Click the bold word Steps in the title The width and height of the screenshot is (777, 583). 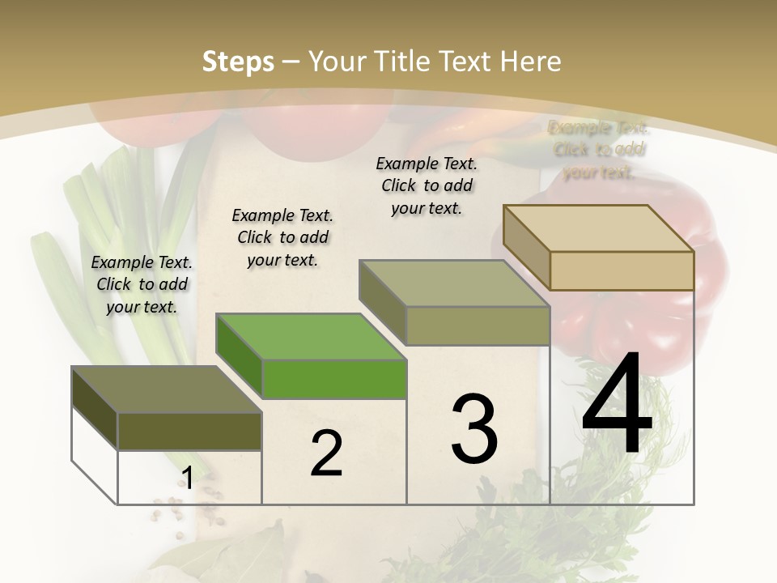[x=238, y=62]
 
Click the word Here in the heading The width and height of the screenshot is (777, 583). [x=530, y=62]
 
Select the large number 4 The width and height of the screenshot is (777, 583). [x=617, y=405]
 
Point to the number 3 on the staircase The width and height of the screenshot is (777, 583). [x=474, y=429]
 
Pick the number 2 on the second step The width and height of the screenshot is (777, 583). [x=326, y=453]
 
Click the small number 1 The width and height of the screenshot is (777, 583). [x=187, y=479]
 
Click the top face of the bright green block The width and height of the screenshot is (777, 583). [x=312, y=336]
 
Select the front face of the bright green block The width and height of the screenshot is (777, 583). [x=334, y=379]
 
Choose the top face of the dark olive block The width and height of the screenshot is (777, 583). [x=166, y=389]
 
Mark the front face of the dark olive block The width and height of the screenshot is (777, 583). [x=189, y=431]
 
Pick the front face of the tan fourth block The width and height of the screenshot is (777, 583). [x=622, y=270]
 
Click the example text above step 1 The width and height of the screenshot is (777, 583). [x=142, y=284]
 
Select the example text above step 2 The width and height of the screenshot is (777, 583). [x=282, y=237]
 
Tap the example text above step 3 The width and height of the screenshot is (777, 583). [x=427, y=185]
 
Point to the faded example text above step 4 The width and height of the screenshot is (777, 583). [x=598, y=150]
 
